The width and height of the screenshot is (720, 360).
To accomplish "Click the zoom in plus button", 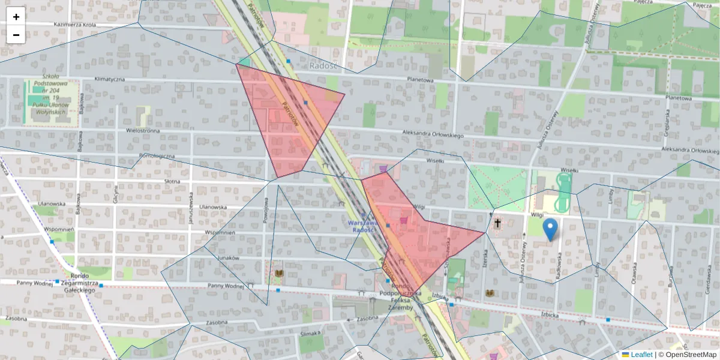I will pyautogui.click(x=16, y=17).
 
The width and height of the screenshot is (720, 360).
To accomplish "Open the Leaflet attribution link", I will pyautogui.click(x=641, y=355).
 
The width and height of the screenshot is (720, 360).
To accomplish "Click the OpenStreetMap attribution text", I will pyautogui.click(x=691, y=355).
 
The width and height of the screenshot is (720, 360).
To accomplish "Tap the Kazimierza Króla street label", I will pyautogui.click(x=75, y=25).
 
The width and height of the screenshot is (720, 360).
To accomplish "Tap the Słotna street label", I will pyautogui.click(x=172, y=181).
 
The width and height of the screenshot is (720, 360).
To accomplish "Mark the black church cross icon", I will pyautogui.click(x=497, y=224).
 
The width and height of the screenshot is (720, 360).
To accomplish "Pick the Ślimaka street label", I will pyautogui.click(x=311, y=334).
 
